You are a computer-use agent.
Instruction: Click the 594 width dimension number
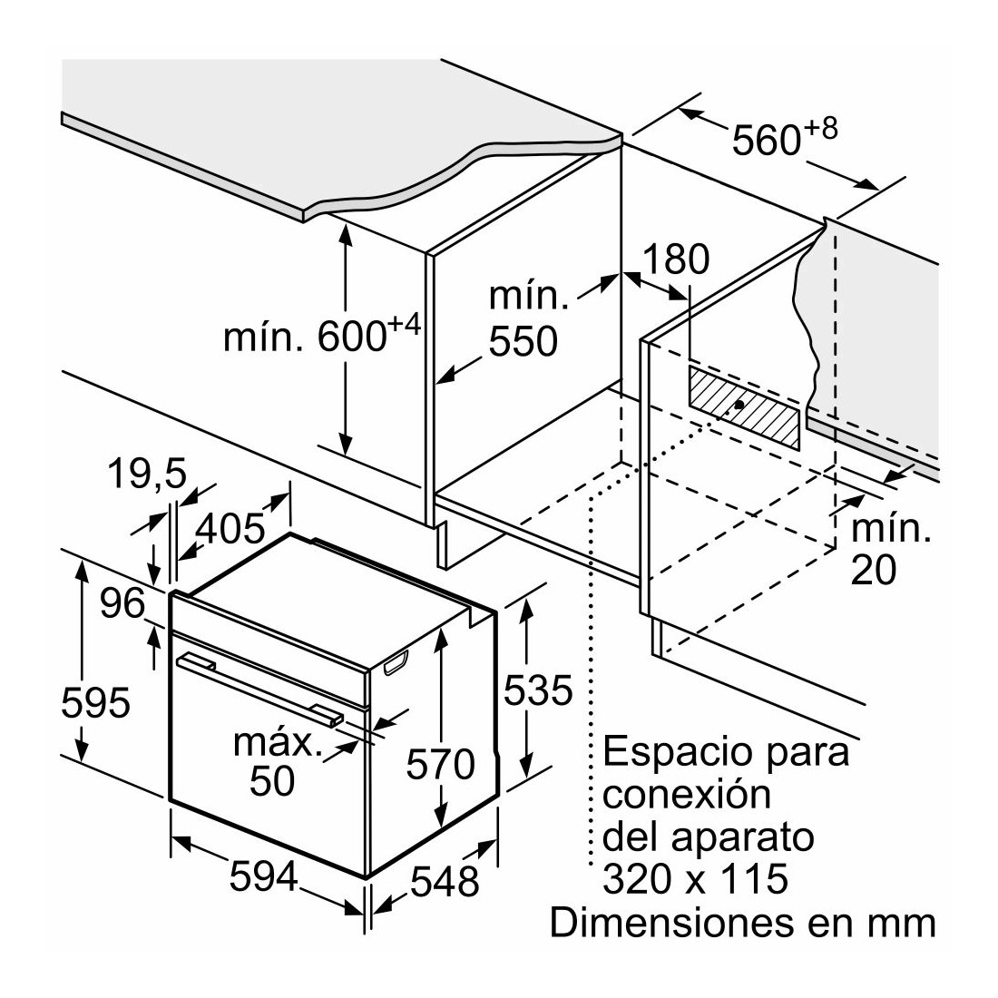point(263,876)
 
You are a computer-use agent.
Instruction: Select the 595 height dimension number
point(95,702)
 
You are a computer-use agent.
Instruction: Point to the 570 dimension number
point(440,764)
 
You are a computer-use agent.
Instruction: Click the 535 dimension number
point(538,690)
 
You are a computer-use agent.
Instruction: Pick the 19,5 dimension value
point(147,474)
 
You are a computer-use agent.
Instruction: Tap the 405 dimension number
point(230,528)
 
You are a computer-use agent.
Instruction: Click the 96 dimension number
point(122,602)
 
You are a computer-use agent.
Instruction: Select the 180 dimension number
point(676,259)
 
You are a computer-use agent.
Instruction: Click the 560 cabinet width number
point(766,140)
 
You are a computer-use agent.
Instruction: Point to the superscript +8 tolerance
point(820,129)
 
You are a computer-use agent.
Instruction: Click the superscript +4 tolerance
point(405,326)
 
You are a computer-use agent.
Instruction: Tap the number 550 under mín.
point(523,341)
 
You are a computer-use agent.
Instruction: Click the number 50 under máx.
point(272,780)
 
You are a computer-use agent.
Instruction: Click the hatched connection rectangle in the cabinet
point(743,407)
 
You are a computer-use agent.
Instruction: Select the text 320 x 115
point(695,879)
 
